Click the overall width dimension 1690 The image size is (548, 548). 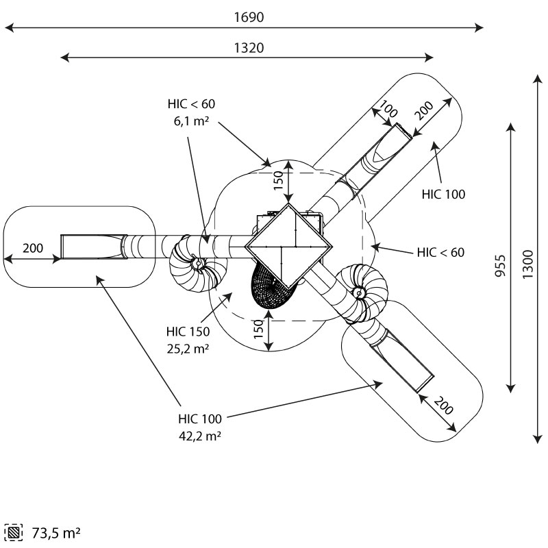click(249, 17)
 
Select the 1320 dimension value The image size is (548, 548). click(249, 48)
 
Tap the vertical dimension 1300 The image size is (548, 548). click(527, 264)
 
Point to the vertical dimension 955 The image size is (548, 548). click(501, 266)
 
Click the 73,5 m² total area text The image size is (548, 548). click(56, 533)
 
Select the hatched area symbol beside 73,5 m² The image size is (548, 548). click(14, 533)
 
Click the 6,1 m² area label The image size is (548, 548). click(191, 121)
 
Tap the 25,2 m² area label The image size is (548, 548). click(188, 349)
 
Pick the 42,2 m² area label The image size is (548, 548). click(200, 436)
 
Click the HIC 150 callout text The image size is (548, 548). click(188, 332)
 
